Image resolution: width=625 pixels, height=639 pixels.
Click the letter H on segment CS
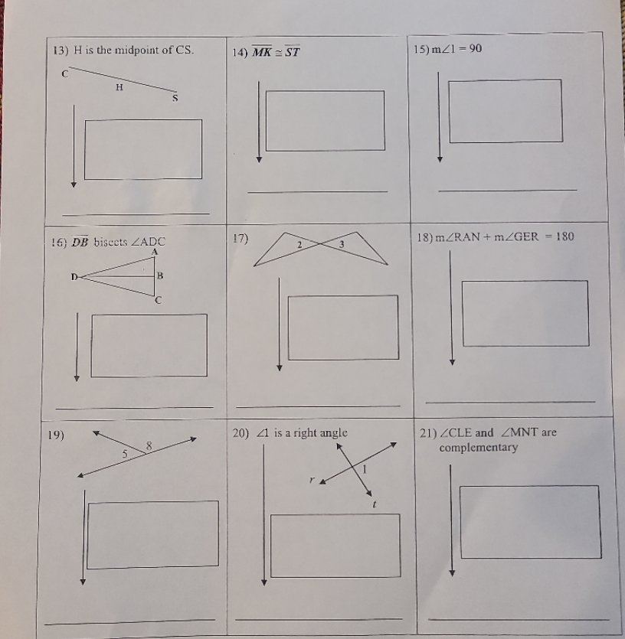coord(119,87)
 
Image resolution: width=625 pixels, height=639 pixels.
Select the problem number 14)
coord(237,53)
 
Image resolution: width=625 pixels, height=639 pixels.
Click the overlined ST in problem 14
coord(290,52)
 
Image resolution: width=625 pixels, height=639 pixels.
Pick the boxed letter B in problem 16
coord(160,275)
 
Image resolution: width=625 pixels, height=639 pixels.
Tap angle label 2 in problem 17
coord(301,243)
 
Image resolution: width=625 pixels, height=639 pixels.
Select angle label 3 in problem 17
coord(342,243)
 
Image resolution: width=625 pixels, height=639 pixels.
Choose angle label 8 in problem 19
coord(149,445)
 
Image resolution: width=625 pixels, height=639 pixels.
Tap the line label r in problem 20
coord(311,481)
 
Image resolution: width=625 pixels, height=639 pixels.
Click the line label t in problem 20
coord(374,505)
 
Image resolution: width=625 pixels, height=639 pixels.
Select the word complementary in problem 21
coord(478,448)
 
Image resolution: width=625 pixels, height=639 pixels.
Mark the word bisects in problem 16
coord(114,243)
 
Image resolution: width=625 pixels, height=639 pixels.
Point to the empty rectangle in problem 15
coord(505,110)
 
